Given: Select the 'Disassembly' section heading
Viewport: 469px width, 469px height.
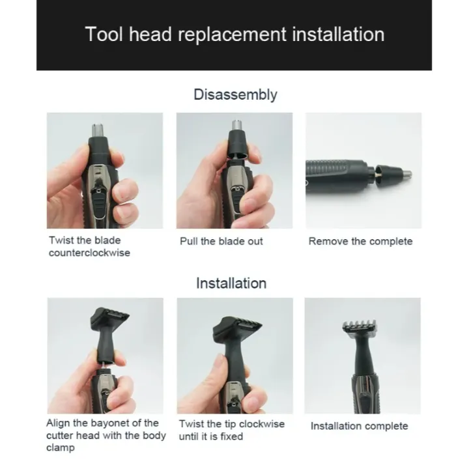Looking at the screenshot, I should click(x=235, y=94).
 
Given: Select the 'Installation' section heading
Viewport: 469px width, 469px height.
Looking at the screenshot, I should click(x=231, y=283).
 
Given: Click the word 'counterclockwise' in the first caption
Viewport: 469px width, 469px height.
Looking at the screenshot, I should click(x=89, y=253).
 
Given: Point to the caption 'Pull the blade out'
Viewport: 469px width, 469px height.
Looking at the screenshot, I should click(x=221, y=241).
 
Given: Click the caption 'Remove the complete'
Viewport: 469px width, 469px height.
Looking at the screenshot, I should click(x=360, y=241).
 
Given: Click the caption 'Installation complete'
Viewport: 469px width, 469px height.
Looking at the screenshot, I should click(x=359, y=426).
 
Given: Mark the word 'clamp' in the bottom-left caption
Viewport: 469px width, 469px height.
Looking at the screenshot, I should click(x=60, y=448).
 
